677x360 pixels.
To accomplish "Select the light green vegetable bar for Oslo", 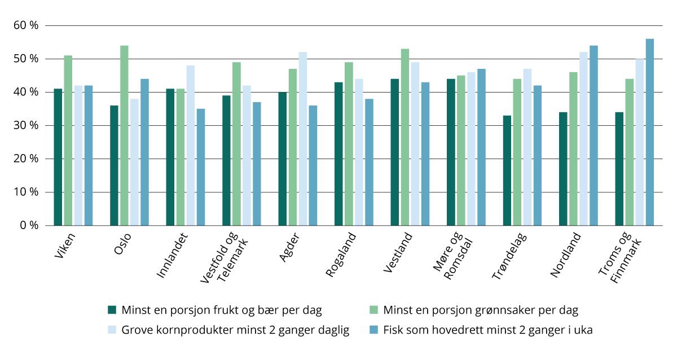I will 124,135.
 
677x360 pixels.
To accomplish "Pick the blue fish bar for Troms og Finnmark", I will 650,132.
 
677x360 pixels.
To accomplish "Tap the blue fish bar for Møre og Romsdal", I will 481,147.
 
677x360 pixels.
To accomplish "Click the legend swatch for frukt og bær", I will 112,310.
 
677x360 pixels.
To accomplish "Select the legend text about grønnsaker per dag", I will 480,310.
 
